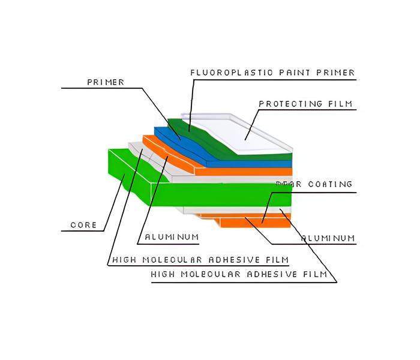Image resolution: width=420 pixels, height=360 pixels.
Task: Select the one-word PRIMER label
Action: coord(106,82)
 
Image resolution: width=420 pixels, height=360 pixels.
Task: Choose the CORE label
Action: coord(83,225)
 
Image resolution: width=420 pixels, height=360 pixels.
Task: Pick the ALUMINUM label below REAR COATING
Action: coord(328,238)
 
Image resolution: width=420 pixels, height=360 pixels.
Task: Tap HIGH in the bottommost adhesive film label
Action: coord(164,275)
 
